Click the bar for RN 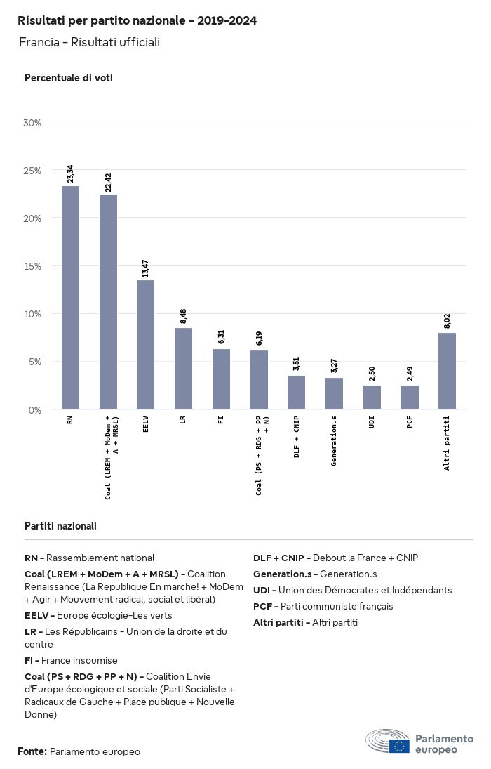click(x=70, y=298)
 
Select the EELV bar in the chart click(x=145, y=345)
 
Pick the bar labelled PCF click(x=410, y=397)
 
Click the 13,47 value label click(x=146, y=268)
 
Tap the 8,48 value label click(x=184, y=316)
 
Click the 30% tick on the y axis click(x=33, y=123)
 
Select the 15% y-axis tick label click(x=33, y=266)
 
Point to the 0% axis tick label click(x=35, y=409)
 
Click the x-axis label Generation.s click(x=335, y=440)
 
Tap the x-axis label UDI click(x=372, y=424)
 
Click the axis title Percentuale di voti click(x=69, y=78)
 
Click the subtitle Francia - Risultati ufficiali click(x=89, y=42)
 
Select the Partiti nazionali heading click(x=60, y=525)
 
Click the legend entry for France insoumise click(x=71, y=660)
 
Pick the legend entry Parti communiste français click(x=323, y=606)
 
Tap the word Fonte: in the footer click(x=32, y=751)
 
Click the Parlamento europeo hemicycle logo click(x=387, y=742)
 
